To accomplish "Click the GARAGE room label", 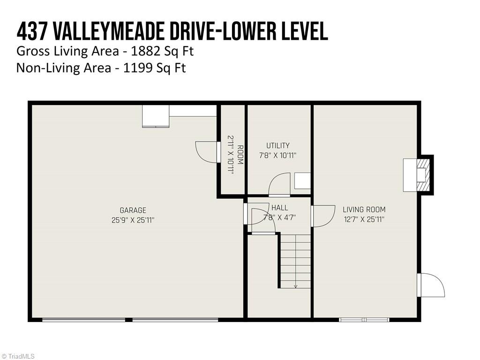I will pyautogui.click(x=133, y=210).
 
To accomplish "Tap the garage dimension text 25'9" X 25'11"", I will pyautogui.click(x=133, y=219).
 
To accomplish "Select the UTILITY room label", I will pyautogui.click(x=278, y=146).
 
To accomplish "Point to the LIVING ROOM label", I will pyautogui.click(x=364, y=210).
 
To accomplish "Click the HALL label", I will pyautogui.click(x=280, y=208).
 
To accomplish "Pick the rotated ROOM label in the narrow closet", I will pyautogui.click(x=240, y=155).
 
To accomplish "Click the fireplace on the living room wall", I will pyautogui.click(x=418, y=175).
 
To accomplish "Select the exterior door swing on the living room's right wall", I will pyautogui.click(x=431, y=285).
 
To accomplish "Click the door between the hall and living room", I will pyautogui.click(x=322, y=216).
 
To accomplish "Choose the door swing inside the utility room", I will pyautogui.click(x=280, y=184).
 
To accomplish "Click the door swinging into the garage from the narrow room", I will pyautogui.click(x=207, y=151).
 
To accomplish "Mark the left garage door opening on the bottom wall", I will pyautogui.click(x=83, y=320).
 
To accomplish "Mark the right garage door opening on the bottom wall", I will pyautogui.click(x=175, y=320).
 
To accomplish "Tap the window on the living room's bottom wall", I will pyautogui.click(x=364, y=320).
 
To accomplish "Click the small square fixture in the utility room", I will pyautogui.click(x=302, y=180).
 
